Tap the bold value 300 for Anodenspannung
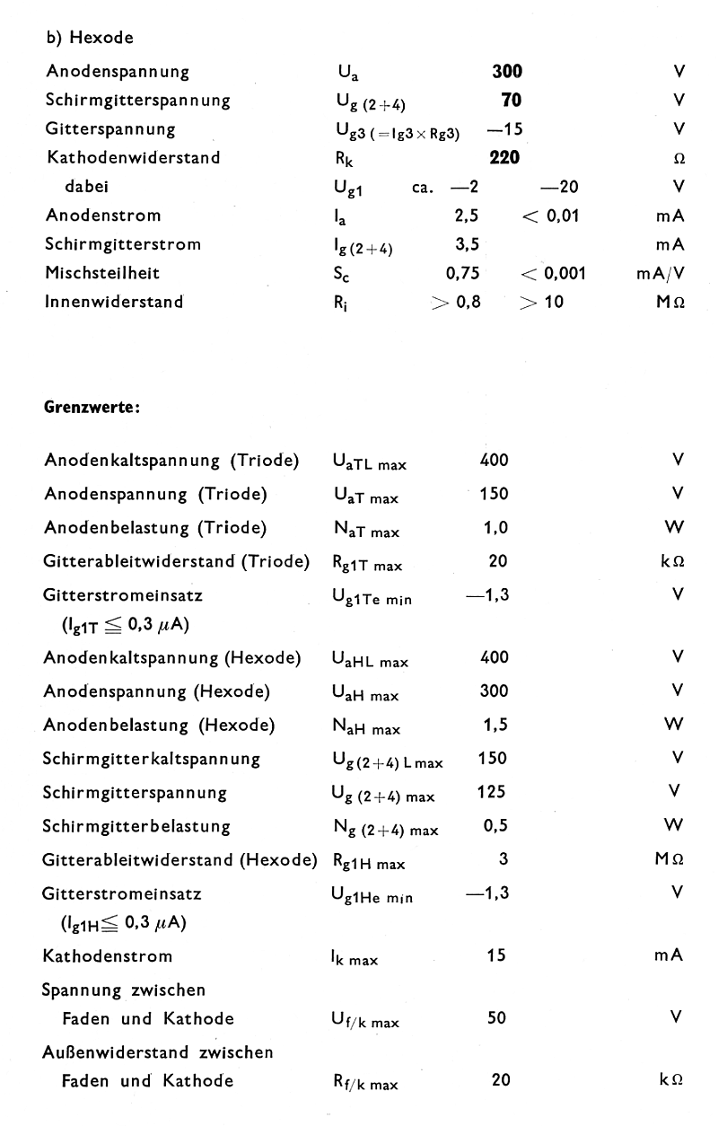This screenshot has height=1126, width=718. (x=507, y=72)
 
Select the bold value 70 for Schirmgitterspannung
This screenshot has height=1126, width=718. (x=511, y=101)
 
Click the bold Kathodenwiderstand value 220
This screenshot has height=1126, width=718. (x=506, y=158)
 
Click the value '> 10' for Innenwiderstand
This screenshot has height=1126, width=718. (x=540, y=302)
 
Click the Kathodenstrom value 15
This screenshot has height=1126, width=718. (x=496, y=955)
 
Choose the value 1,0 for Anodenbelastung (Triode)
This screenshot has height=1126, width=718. (x=495, y=528)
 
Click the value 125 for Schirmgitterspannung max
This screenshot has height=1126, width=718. (x=493, y=792)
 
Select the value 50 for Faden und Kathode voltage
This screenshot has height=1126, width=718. (x=496, y=1017)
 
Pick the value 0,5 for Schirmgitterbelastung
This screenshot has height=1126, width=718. (x=495, y=825)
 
